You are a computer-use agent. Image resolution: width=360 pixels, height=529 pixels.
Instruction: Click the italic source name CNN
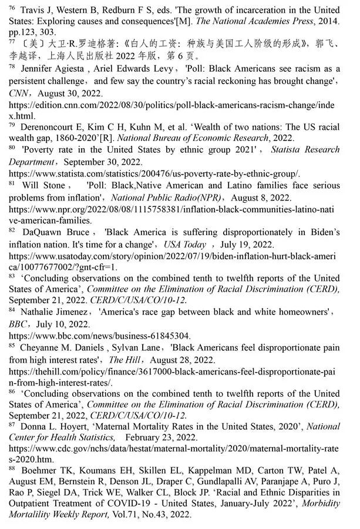pos(17,93)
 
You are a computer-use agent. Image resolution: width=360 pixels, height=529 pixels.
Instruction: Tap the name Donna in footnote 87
pos(33,428)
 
